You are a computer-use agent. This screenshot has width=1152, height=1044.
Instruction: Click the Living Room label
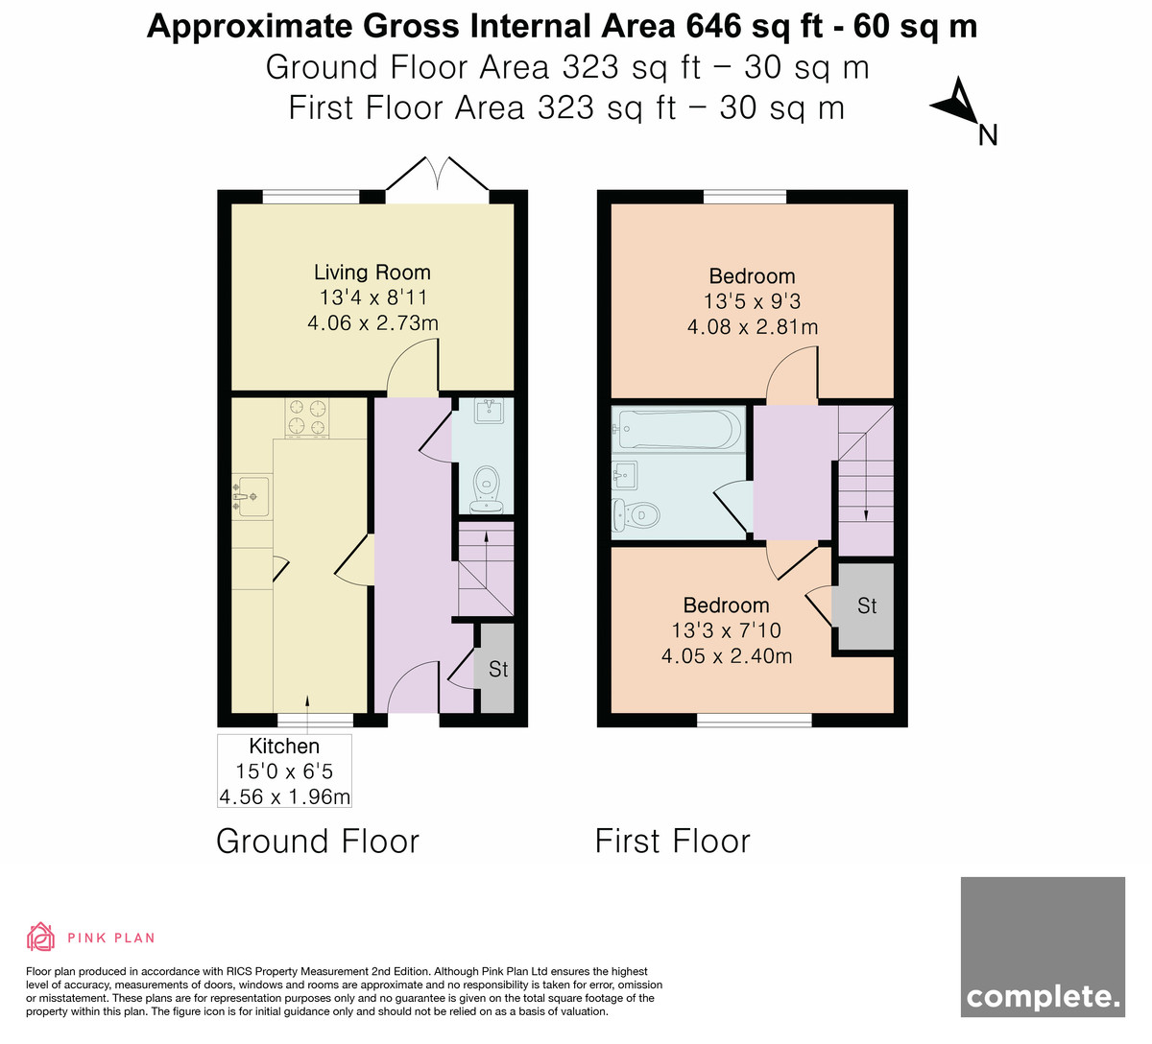[x=372, y=273]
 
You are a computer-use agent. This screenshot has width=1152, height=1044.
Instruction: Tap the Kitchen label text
[x=284, y=746]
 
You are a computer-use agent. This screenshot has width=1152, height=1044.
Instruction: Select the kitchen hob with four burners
[x=307, y=418]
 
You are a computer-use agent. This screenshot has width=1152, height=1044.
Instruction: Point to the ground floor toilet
[x=487, y=489]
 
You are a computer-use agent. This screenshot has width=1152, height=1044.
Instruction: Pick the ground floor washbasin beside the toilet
[x=490, y=411]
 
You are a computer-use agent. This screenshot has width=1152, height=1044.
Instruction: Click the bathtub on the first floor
[x=679, y=429]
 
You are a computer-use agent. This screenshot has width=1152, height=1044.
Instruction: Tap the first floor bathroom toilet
[x=636, y=515]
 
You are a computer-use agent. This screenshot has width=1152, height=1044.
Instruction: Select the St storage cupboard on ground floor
[x=496, y=669]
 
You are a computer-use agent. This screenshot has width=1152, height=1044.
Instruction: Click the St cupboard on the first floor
[x=866, y=606]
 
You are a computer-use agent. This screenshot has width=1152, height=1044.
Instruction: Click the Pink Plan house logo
[x=40, y=937]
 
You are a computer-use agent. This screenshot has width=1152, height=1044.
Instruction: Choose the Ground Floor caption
[x=318, y=842]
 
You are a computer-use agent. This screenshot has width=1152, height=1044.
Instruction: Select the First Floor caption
[x=672, y=842]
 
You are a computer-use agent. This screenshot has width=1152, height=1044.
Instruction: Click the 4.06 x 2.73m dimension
[x=372, y=322]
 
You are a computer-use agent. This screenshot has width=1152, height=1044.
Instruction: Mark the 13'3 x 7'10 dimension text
[x=727, y=630]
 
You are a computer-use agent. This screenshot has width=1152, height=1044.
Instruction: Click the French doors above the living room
[x=438, y=174]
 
